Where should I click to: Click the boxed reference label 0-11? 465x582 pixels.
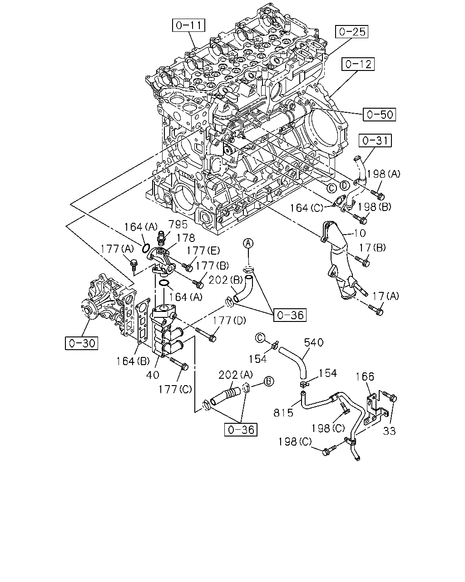click(x=188, y=25)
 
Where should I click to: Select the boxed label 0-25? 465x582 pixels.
click(x=352, y=32)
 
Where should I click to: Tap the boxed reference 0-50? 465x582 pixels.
click(x=379, y=115)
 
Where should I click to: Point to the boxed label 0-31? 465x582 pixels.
click(x=375, y=140)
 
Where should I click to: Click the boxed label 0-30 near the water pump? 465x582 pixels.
click(x=82, y=343)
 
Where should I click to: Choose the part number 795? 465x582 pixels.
click(x=178, y=224)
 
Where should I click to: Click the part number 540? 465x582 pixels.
click(x=314, y=342)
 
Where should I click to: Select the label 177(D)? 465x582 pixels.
click(x=229, y=321)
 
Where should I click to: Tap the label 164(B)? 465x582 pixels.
click(x=133, y=361)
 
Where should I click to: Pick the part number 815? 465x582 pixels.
click(x=283, y=413)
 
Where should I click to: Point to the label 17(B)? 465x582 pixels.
click(x=372, y=248)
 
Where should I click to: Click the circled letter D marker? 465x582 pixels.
click(x=344, y=186)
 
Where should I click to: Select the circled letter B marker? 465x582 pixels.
click(x=269, y=381)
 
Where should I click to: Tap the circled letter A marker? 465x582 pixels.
click(x=248, y=243)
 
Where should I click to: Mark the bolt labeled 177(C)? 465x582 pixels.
click(x=179, y=363)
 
